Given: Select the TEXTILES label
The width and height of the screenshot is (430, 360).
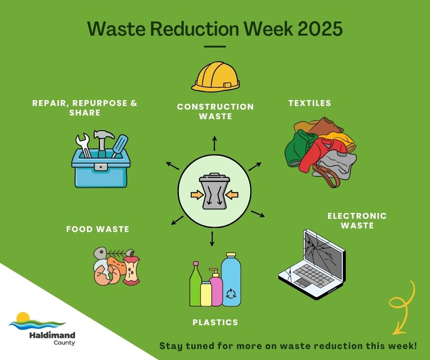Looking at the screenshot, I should tap(310, 103).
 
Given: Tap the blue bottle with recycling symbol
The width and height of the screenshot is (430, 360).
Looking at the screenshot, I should tap(231, 281).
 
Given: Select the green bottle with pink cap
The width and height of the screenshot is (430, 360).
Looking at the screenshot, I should tap(195, 285).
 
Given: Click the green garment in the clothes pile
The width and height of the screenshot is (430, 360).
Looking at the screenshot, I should tap(297, 148).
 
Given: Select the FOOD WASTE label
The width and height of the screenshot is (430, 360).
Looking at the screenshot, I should tap(97, 229).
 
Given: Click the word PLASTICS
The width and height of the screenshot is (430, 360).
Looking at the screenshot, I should tap(215, 323).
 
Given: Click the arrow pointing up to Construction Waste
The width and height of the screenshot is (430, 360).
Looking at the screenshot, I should tap(214, 143).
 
